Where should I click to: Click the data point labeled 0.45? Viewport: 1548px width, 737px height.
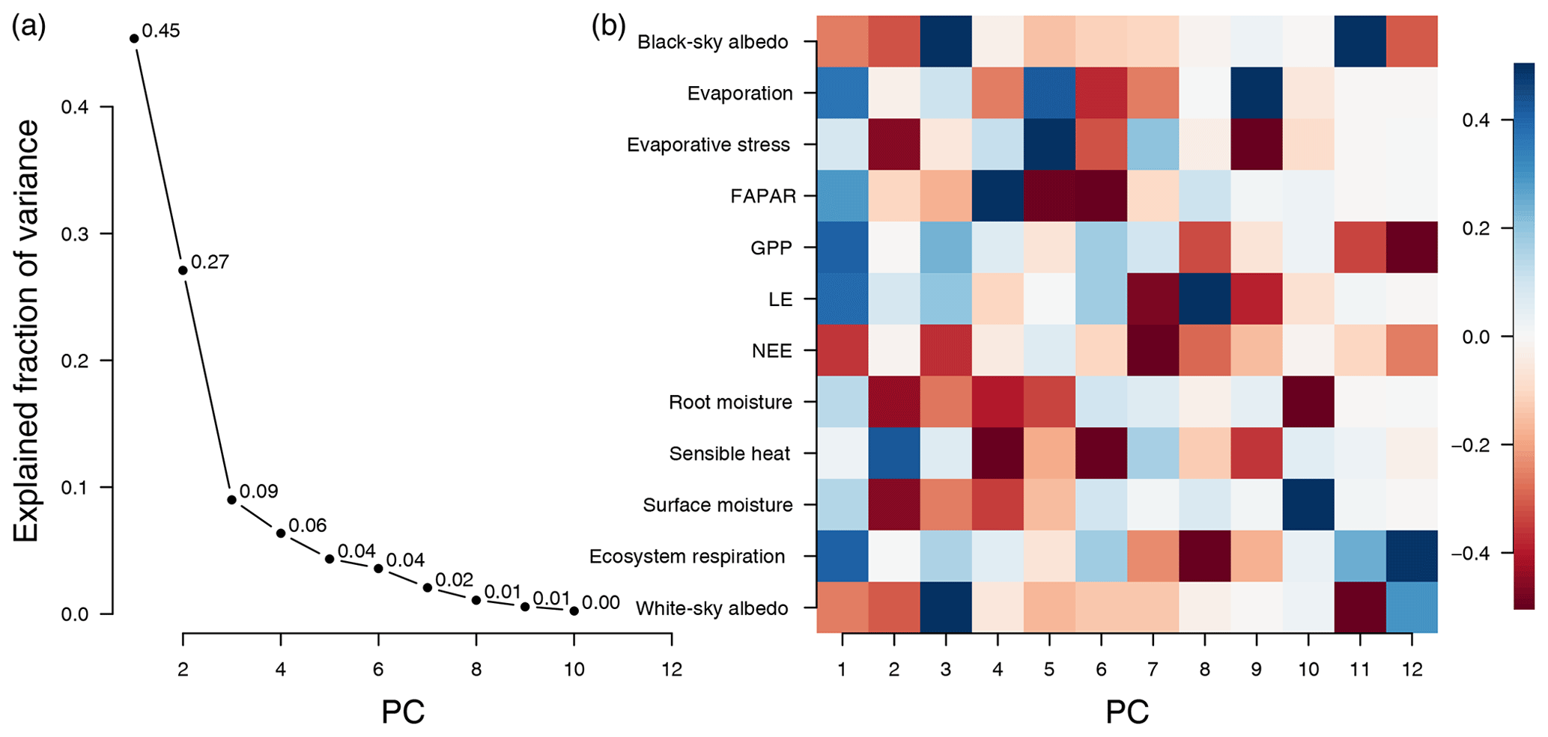(134, 38)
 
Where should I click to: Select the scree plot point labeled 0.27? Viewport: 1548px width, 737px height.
(183, 270)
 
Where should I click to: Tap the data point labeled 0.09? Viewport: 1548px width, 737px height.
(232, 500)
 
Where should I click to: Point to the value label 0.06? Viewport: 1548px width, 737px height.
(307, 525)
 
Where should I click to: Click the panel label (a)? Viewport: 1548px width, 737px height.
(29, 27)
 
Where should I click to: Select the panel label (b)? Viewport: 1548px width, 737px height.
(608, 27)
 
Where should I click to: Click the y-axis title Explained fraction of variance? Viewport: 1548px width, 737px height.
(26, 331)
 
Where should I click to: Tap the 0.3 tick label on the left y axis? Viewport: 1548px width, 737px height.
(75, 234)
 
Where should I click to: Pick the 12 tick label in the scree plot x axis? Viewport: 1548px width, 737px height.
(672, 669)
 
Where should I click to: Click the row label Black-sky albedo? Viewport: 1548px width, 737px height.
(712, 42)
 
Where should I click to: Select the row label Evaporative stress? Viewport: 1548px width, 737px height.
(708, 144)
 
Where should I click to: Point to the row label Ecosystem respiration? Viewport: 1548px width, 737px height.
(687, 557)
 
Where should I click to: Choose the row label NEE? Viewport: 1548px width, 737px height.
(771, 351)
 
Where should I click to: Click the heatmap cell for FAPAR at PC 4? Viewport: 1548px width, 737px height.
(998, 196)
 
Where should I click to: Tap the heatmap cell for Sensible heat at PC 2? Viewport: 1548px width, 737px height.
(894, 453)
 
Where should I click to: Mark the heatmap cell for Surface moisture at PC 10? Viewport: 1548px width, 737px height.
(1308, 505)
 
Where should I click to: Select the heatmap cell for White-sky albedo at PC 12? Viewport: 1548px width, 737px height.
(1412, 608)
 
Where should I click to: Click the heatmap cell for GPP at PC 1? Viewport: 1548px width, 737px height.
(843, 248)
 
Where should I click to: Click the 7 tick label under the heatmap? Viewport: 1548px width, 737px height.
(1153, 669)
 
